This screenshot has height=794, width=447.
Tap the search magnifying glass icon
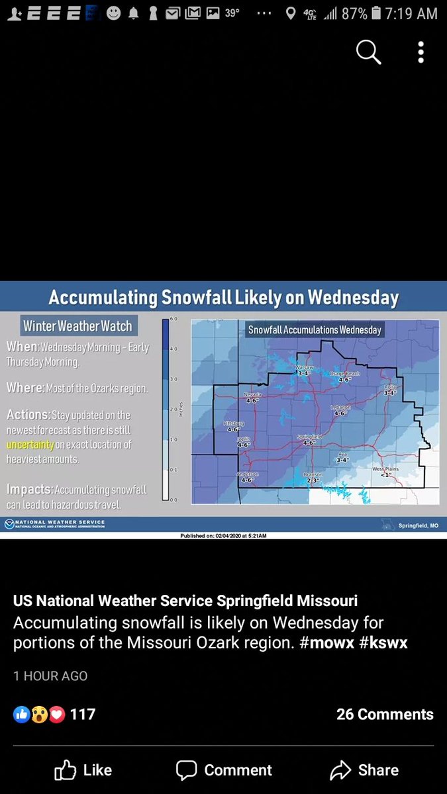point(368,52)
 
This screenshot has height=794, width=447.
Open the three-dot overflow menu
point(421,52)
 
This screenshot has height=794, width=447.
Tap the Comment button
point(224,770)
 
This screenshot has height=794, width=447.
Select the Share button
point(364,770)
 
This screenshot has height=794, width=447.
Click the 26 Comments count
point(385,714)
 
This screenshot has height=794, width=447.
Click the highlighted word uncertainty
point(30,445)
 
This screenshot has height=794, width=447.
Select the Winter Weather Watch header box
point(77,326)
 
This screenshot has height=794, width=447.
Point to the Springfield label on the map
point(309,437)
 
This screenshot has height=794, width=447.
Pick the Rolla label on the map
point(389,387)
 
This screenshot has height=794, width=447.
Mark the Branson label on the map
point(312,474)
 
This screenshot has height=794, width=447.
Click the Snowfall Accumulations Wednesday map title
point(315,330)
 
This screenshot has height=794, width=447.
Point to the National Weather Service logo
point(9,524)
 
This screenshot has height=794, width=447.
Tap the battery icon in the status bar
point(376,13)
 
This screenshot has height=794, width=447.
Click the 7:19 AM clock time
point(412,13)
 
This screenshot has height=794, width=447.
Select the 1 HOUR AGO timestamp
point(50,676)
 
